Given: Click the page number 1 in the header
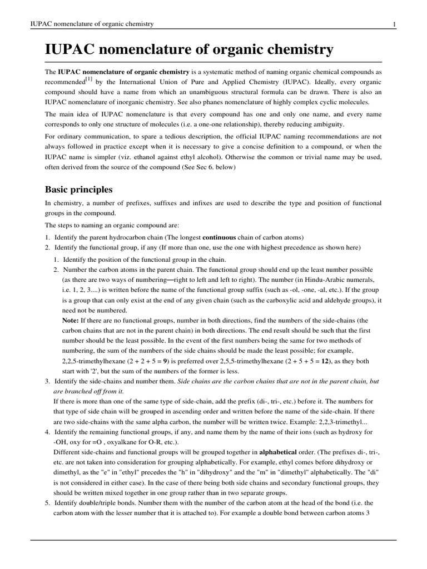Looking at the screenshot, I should click(x=394, y=24).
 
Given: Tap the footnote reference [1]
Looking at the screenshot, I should click(x=88, y=81).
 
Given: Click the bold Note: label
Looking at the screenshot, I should click(x=71, y=321).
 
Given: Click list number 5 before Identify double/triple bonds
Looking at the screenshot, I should click(x=47, y=502).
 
